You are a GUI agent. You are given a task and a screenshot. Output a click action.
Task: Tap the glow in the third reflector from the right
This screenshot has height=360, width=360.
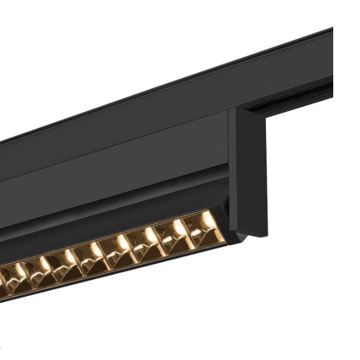[151, 235]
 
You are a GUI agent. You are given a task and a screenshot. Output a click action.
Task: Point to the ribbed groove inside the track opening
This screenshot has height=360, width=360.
[293, 101]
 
